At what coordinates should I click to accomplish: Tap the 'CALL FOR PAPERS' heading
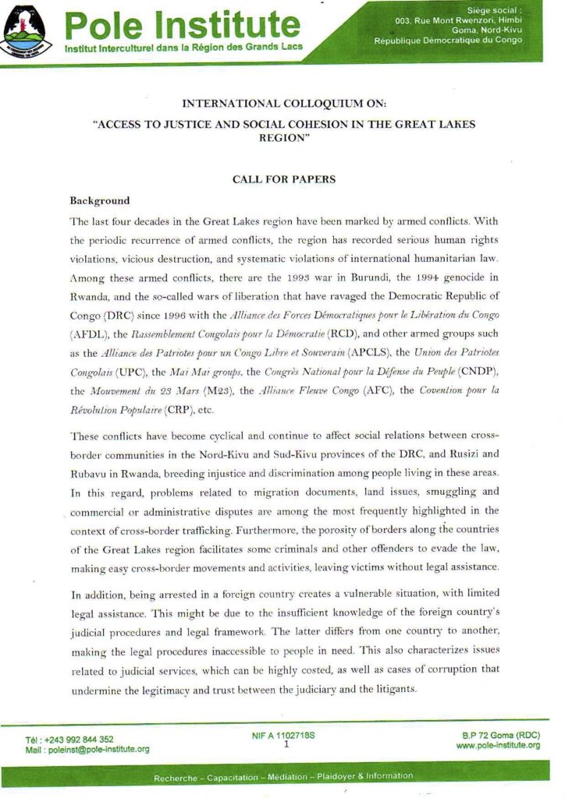284,180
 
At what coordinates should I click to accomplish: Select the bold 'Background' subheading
100,201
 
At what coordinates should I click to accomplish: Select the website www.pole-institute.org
497,746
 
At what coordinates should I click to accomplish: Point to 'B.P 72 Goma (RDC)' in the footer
499,735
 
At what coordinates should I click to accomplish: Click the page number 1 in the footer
286,745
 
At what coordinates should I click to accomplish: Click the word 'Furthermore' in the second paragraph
307,528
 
